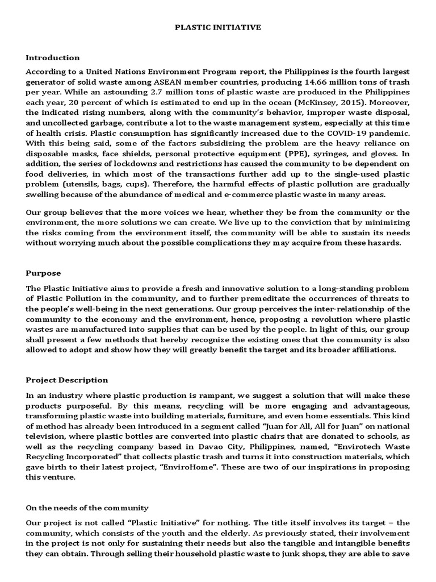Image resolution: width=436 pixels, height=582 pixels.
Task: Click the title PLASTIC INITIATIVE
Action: [217, 27]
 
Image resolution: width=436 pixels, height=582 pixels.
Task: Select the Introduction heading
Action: [53, 58]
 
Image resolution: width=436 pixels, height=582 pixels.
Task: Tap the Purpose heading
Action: [43, 273]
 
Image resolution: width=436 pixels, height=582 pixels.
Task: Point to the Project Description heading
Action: [67, 380]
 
